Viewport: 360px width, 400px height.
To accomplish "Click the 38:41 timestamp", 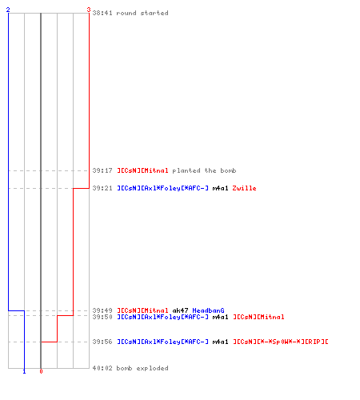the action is tap(102, 13).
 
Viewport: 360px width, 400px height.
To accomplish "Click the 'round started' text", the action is tap(142, 13).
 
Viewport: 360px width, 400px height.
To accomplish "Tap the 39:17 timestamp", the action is tap(102, 170).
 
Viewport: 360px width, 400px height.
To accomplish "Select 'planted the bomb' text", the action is tap(204, 170).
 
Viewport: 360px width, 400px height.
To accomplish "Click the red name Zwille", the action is tap(244, 188).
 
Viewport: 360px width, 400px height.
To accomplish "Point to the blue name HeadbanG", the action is tap(208, 310).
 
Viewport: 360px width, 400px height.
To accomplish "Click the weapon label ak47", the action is tap(180, 310).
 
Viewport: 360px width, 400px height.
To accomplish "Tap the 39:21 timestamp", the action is tap(102, 188).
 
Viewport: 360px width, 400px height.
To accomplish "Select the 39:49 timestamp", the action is tap(102, 310).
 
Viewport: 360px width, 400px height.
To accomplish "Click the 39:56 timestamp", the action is tap(102, 342).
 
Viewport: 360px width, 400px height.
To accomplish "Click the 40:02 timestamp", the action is tap(102, 368).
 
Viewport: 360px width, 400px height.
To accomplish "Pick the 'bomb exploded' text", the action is tap(142, 368).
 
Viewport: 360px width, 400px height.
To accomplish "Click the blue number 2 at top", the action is tap(8, 10).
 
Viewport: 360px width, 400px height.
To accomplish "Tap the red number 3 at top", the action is tap(89, 10).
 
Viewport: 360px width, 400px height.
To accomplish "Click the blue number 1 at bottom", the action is tap(24, 371).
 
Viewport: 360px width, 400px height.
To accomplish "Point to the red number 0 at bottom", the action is tap(41, 371).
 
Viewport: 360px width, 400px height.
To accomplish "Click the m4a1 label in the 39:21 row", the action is tap(220, 188).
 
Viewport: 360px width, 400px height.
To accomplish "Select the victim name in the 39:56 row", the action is tap(281, 342).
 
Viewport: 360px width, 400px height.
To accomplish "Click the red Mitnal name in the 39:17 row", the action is tap(142, 170).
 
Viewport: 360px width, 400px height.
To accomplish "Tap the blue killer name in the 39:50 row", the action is tap(162, 317).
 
